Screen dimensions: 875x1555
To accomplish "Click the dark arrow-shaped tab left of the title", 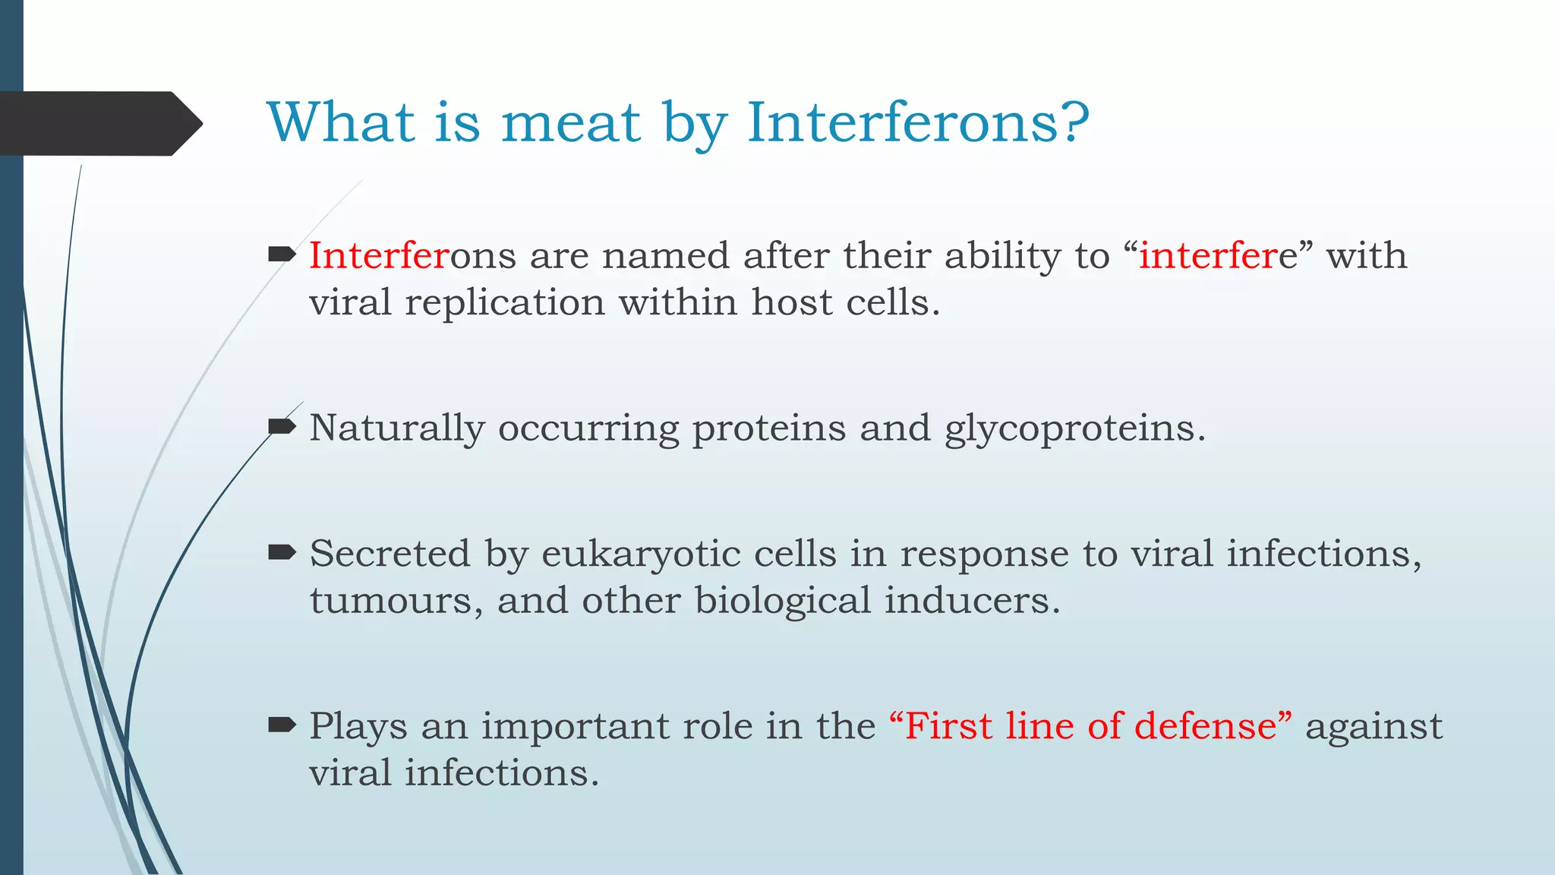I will [99, 124].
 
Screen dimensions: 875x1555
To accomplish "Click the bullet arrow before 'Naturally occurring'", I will [282, 426].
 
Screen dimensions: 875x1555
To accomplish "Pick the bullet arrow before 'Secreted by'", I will [282, 552].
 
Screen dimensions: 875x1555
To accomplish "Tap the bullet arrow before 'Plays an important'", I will [282, 725].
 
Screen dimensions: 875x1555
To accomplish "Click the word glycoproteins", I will [1074, 428].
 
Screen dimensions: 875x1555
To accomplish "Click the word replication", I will [504, 303].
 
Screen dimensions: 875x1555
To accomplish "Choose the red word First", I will [949, 725].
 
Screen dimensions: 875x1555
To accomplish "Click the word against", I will [1374, 727].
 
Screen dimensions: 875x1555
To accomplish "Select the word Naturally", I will [396, 428].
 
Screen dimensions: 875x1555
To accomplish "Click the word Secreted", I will [390, 553].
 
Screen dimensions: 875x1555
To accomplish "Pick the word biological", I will [782, 601].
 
